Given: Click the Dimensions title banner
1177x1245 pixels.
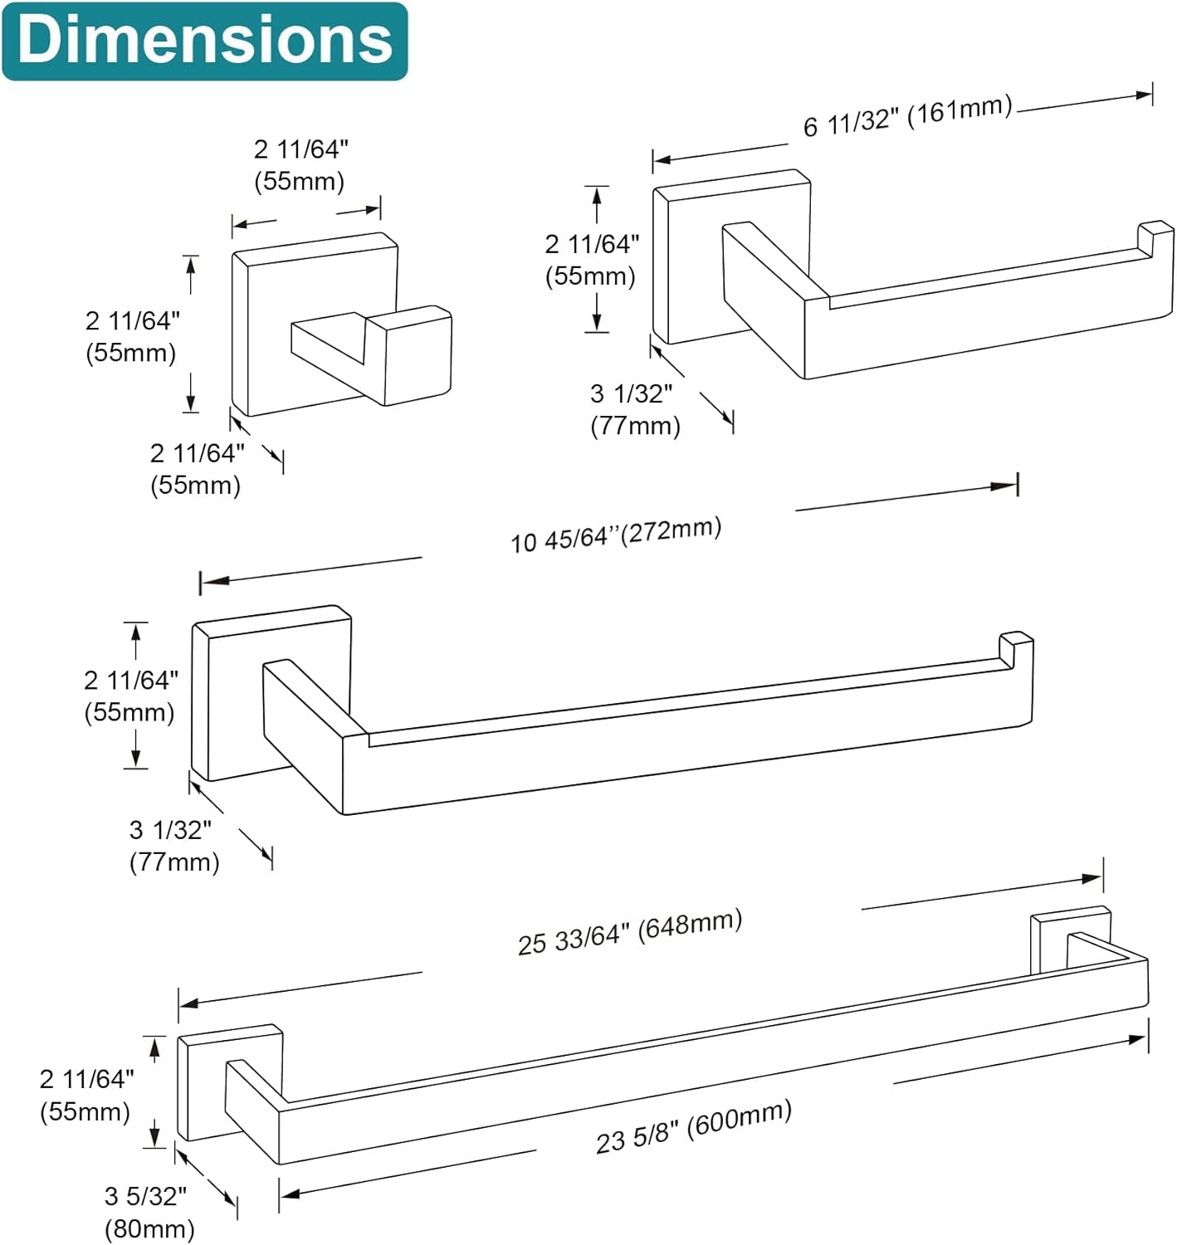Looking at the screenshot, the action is point(205,41).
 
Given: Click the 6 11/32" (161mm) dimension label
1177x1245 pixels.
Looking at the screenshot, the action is point(907,116).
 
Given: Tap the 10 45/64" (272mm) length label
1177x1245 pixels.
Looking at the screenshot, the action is point(616,535).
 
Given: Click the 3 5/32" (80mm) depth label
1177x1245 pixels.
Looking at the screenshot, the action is point(149,1212).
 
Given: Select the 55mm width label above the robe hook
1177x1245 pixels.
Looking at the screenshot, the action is point(300,165).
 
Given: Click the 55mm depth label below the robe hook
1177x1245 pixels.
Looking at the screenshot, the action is point(197,469).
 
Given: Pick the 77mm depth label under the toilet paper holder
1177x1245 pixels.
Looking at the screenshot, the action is point(635,410).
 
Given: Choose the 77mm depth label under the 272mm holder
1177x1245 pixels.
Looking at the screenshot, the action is point(174,847).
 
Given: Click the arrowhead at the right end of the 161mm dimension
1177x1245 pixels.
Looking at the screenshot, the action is point(1144,95).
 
